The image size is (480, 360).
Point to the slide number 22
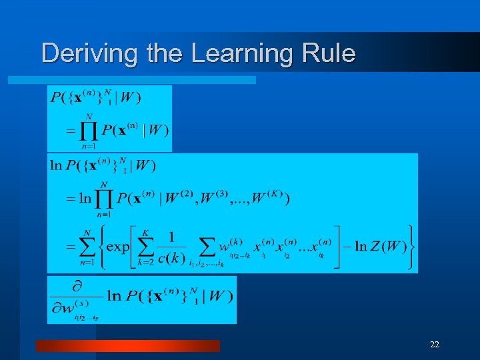click(435, 345)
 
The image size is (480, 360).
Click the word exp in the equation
click(117, 247)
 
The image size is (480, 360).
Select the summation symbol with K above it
click(145, 247)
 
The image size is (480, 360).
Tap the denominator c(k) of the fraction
click(167, 257)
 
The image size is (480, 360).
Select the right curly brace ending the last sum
click(411, 247)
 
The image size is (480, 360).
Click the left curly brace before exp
click(101, 247)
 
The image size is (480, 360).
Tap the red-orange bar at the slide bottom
click(127, 345)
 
